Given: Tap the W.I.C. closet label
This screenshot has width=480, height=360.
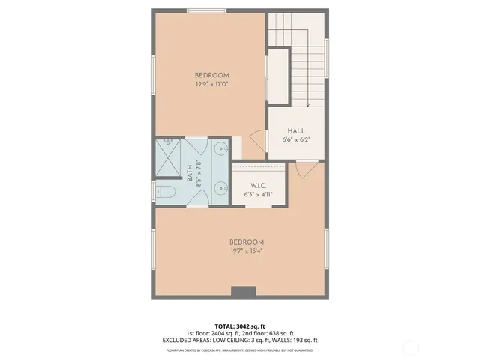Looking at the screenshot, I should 258,186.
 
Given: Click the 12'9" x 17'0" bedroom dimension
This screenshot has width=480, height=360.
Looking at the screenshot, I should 211,84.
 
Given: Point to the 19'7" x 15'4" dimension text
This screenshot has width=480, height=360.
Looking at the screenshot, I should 247,250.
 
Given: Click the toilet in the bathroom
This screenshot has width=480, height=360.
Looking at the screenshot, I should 166,193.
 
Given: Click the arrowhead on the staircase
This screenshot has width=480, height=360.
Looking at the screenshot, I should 308,104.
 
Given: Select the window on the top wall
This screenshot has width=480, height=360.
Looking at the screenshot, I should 207,10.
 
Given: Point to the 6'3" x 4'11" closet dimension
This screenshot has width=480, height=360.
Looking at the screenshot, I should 258,194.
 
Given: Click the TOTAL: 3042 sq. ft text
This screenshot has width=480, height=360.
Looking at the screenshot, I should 240,326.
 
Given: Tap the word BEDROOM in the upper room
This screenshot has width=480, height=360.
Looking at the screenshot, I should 211,75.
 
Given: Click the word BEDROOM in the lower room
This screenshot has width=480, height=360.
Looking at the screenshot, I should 247,241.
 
